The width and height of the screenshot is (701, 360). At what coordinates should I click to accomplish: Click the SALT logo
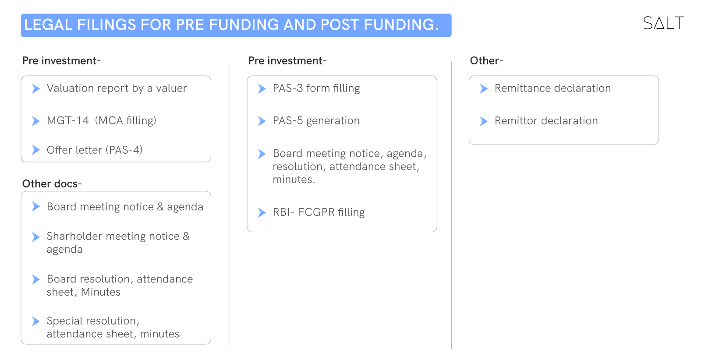click(663, 23)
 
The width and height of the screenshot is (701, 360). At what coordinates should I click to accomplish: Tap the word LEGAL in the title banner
click(48, 25)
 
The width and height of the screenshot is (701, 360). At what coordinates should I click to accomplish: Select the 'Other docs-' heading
click(52, 184)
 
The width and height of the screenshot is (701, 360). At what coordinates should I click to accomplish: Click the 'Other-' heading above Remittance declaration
click(487, 60)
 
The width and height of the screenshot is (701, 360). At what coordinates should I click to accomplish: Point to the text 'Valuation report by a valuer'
click(117, 88)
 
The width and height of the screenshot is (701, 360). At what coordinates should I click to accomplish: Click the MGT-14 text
click(67, 121)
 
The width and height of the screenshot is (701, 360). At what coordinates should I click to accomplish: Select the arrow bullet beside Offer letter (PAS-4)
click(36, 150)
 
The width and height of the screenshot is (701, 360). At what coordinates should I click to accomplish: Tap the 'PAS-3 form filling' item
click(316, 88)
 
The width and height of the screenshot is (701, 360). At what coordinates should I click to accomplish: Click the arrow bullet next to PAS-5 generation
click(262, 121)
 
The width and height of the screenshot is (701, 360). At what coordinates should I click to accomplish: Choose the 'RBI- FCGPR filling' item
click(319, 212)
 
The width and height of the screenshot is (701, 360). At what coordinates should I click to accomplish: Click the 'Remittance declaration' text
click(552, 88)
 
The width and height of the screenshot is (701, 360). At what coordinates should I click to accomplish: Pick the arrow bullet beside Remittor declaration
click(484, 121)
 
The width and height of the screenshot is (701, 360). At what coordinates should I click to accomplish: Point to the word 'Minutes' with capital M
click(101, 292)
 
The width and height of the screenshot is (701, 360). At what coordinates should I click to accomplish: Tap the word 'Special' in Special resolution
click(65, 321)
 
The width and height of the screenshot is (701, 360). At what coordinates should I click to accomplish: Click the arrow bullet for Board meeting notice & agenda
click(36, 206)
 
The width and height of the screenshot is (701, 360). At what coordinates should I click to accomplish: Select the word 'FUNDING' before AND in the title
click(244, 25)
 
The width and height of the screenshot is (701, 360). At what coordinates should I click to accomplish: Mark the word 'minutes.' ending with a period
click(294, 180)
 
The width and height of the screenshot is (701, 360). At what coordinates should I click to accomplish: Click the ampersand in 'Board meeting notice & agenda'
click(160, 207)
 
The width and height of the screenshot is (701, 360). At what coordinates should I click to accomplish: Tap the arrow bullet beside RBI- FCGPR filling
click(262, 213)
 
